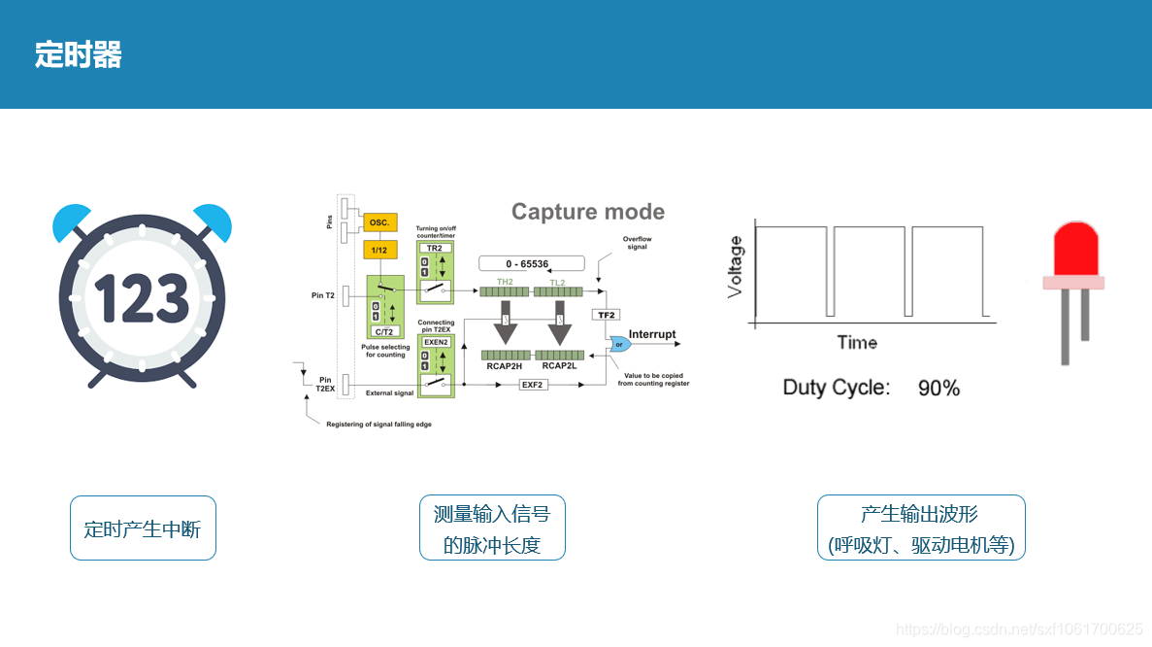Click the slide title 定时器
click(79, 54)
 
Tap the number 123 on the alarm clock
click(142, 298)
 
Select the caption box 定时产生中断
click(143, 528)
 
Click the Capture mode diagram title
click(587, 212)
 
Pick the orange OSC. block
click(379, 222)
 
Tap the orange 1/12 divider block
click(379, 251)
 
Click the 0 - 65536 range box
click(532, 263)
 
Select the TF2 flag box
click(606, 315)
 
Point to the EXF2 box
click(532, 385)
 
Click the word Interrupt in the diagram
click(652, 334)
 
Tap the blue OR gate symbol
click(618, 344)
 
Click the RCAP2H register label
click(504, 366)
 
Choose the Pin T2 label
click(323, 295)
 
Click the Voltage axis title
click(736, 267)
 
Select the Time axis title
click(857, 342)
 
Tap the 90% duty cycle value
click(938, 389)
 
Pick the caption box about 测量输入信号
click(492, 528)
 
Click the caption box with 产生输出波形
click(921, 528)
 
